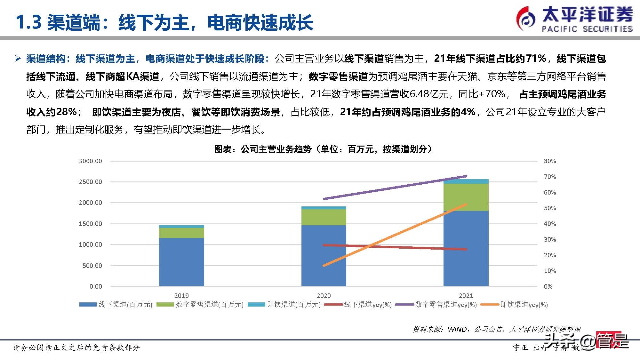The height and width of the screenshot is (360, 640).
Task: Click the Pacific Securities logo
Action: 574,19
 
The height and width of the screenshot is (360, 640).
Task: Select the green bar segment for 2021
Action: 466,197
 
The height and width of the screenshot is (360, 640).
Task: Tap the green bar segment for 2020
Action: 324,217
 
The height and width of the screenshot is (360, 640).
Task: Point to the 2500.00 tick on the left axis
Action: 90,182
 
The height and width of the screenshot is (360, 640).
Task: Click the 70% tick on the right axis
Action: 550,177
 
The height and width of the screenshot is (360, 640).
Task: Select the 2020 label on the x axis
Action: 324,296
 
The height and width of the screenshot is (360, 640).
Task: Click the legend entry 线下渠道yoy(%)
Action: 367,305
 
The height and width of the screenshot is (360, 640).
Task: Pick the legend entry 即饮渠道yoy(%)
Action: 524,305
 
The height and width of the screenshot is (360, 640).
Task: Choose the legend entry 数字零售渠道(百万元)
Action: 209,305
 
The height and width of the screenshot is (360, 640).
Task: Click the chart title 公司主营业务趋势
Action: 276,149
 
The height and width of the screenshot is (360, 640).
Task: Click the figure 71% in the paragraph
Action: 536,59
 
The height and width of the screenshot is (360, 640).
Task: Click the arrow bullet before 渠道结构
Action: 18,59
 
